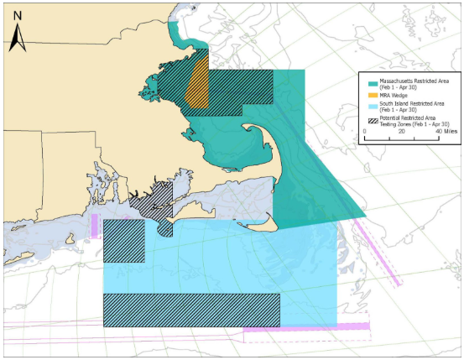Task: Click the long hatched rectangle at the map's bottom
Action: [190, 309]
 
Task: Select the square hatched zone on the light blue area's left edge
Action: [123, 241]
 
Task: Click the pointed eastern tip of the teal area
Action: [366, 207]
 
